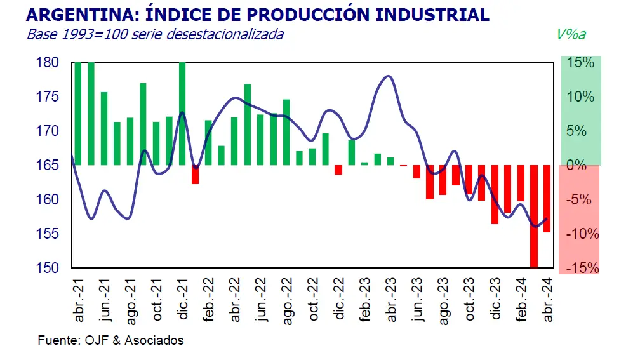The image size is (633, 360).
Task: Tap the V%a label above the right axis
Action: [571, 34]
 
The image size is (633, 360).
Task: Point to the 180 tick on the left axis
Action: [48, 63]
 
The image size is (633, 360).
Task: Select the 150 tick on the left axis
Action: [48, 268]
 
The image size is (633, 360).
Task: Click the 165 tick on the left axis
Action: [48, 165]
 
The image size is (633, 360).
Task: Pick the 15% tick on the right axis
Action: [580, 63]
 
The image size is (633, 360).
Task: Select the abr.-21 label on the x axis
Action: [79, 299]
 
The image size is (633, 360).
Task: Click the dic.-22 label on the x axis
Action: [338, 299]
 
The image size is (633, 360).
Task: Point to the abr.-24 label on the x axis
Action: [547, 299]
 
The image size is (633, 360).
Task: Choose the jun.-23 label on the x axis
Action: [416, 299]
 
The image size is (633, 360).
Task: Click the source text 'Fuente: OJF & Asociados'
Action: [110, 340]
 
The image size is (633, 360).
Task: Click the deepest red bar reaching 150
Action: [533, 216]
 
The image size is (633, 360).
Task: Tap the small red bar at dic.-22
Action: [338, 170]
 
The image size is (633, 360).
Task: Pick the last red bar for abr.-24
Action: [547, 198]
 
